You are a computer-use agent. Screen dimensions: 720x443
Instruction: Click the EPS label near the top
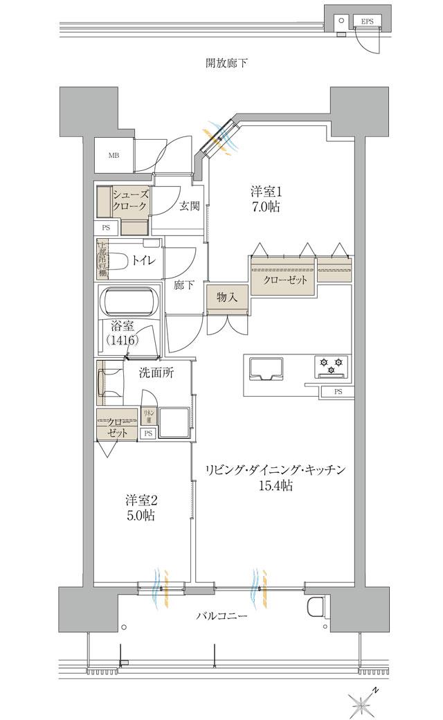(367, 22)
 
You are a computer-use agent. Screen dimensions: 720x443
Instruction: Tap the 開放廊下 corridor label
(226, 64)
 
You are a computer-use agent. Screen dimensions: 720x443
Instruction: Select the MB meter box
(114, 155)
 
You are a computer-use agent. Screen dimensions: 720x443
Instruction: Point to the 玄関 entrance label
(190, 206)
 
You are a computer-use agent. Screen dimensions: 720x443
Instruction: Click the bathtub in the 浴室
(129, 302)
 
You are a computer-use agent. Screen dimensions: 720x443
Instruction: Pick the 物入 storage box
(227, 298)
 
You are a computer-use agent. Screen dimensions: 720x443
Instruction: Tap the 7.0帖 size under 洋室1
(264, 206)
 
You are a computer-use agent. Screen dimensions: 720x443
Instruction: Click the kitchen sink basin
(264, 368)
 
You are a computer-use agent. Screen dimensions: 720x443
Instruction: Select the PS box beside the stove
(338, 392)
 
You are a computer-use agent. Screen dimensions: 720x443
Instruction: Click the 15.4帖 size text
(275, 486)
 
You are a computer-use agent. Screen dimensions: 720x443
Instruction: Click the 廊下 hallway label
(183, 285)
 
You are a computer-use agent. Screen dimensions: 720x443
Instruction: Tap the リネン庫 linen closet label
(147, 415)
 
